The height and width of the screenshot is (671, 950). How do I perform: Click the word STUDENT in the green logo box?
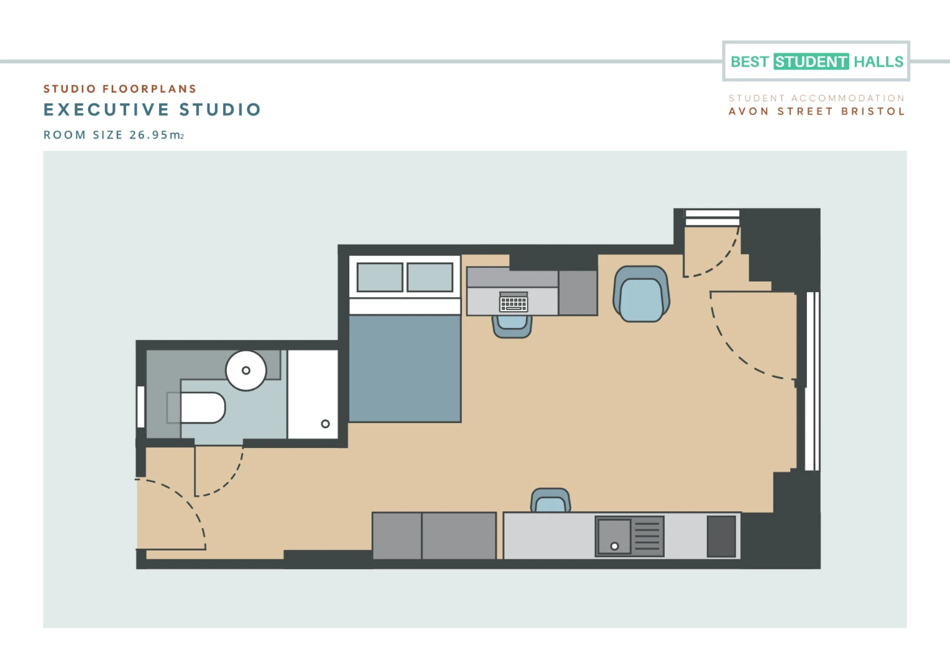click(x=811, y=62)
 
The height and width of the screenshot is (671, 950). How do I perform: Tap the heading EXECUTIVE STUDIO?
click(x=152, y=110)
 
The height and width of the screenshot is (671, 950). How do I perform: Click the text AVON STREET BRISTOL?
click(x=817, y=111)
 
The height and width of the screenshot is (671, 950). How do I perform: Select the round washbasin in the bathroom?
click(x=246, y=370)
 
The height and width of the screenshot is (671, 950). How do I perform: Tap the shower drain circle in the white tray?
click(x=325, y=424)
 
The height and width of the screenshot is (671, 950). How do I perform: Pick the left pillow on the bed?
click(x=380, y=277)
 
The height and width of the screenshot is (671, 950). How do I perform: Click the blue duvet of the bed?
click(x=405, y=368)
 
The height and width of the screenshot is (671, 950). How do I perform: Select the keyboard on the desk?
click(x=514, y=302)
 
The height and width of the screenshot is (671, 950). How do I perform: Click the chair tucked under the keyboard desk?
click(x=512, y=327)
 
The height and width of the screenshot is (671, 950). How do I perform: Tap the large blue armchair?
click(x=641, y=294)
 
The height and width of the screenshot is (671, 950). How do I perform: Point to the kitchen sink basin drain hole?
click(x=614, y=546)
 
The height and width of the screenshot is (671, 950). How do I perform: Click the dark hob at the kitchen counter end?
click(x=721, y=536)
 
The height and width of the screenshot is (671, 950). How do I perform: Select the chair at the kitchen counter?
click(x=550, y=500)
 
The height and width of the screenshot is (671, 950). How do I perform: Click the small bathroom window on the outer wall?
click(x=141, y=407)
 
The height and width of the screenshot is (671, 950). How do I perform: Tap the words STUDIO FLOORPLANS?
click(x=120, y=89)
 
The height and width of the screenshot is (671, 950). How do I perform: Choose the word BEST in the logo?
click(x=749, y=62)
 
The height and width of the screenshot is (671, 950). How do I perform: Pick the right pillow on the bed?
click(x=430, y=277)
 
